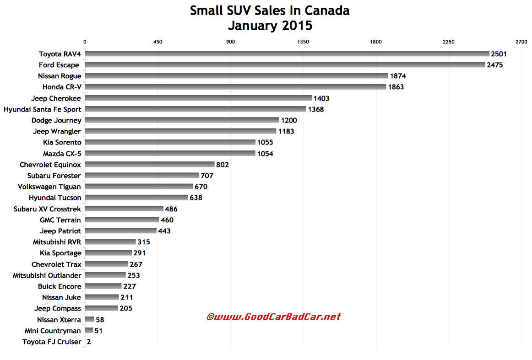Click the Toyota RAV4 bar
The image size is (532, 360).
287,54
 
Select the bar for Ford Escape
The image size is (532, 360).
285,65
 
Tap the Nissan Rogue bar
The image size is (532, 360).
236,76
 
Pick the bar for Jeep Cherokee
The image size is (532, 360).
198,98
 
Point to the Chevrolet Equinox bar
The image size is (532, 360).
150,165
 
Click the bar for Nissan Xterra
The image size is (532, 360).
90,320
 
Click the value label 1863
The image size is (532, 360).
396,87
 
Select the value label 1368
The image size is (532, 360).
316,109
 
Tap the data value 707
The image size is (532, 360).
207,176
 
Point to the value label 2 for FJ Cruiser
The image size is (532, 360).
89,342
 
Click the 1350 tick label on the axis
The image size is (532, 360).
303,42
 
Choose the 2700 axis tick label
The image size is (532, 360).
521,42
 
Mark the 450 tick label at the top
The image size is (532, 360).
157,42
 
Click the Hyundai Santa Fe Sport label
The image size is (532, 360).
42,109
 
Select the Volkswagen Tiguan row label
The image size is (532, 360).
49,187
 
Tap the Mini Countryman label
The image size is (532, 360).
53,331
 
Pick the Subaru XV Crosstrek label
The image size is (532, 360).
47,209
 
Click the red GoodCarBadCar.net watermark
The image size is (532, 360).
274,317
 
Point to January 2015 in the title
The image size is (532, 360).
270,25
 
